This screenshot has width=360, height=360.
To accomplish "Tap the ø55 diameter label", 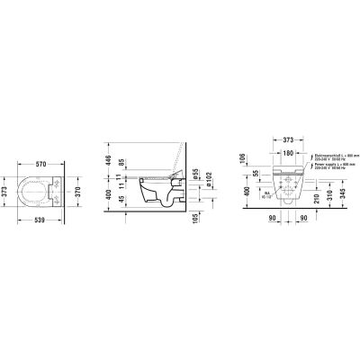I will point(193,174).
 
